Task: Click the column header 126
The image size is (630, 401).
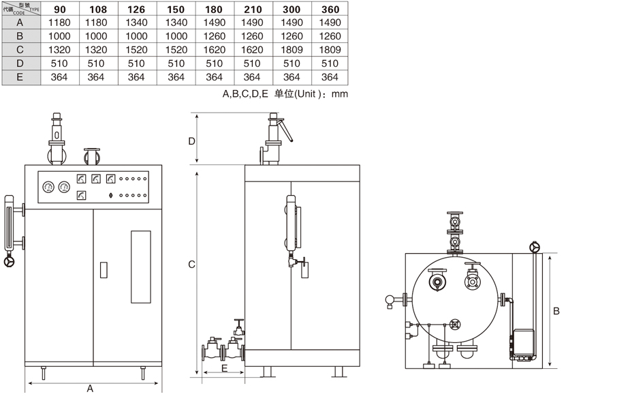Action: point(136,10)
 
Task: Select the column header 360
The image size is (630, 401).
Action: point(330,10)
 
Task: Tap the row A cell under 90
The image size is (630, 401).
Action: point(60,23)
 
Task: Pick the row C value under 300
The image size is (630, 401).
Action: point(292,50)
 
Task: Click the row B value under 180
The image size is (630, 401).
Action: point(214,36)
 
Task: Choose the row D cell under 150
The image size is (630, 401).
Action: point(176,63)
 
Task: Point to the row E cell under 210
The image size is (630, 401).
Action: point(252,77)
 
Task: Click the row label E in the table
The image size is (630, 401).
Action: point(20,77)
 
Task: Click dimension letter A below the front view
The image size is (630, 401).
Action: point(90,388)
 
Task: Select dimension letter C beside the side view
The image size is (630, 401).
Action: point(192,265)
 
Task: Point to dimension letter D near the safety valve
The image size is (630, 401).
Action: point(192,141)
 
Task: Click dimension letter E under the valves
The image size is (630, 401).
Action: point(224,368)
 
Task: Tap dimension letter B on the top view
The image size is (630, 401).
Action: point(556,311)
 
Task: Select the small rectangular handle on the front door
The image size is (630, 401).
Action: point(104,270)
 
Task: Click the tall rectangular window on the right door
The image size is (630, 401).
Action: point(140,267)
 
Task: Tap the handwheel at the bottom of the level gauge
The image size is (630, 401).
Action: point(10,262)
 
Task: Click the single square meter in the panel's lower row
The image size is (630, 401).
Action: point(82,196)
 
